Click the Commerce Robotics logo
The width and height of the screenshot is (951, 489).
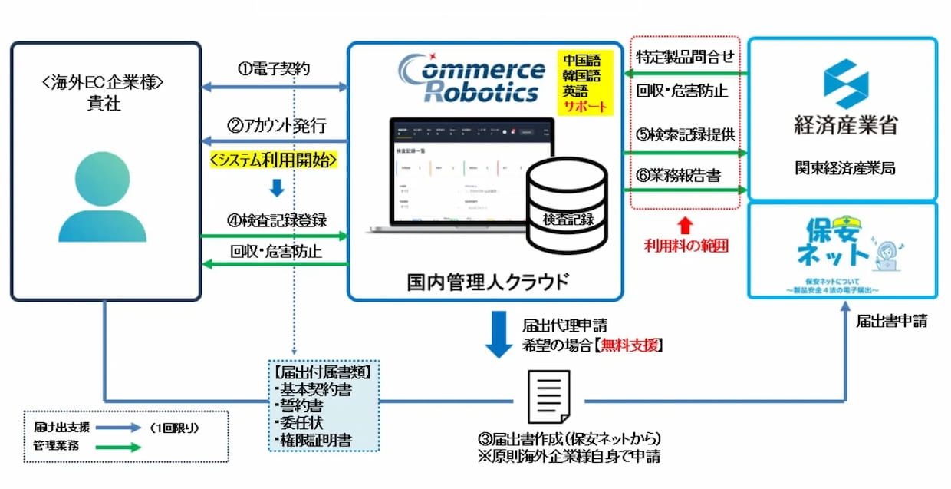tap(471, 79)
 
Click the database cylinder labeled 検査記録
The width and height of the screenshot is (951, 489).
tap(567, 205)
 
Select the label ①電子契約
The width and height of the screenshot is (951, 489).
tap(274, 69)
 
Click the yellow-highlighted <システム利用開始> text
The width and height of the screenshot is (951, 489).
tap(274, 161)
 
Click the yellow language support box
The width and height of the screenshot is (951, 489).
tap(587, 84)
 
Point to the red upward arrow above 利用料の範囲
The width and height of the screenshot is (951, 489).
tap(685, 225)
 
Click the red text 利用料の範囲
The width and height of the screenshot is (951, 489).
tap(685, 246)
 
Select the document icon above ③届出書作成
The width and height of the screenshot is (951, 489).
tap(549, 397)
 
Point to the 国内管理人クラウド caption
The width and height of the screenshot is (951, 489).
tap(488, 281)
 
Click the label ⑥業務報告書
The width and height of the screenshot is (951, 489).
tap(679, 176)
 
